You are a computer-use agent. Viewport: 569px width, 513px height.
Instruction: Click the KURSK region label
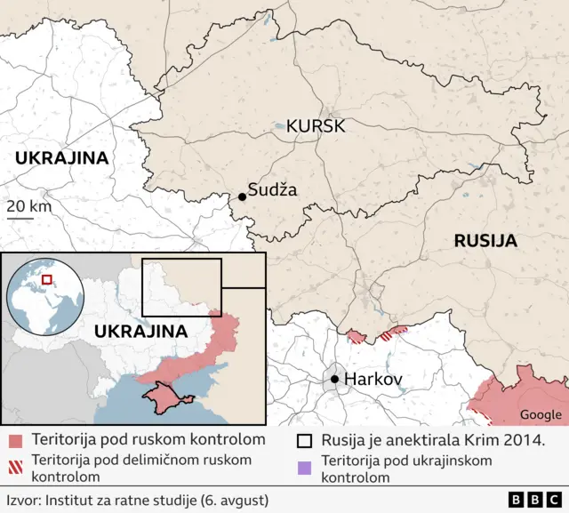(x=309, y=126)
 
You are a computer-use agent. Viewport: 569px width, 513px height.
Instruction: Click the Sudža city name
(x=274, y=189)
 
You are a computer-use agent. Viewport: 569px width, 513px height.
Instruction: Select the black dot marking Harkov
(x=334, y=380)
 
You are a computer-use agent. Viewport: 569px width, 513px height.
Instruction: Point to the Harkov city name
(x=373, y=380)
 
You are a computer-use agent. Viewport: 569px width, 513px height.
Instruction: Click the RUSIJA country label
(x=485, y=241)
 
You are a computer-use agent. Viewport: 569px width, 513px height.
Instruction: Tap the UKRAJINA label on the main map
(x=61, y=158)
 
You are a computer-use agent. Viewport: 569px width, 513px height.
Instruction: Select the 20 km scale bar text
(x=28, y=206)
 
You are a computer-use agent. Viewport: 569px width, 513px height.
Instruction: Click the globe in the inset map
(x=45, y=296)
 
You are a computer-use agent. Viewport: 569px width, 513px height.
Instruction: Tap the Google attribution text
(x=541, y=414)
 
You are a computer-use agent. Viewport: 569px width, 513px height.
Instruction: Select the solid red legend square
(x=15, y=440)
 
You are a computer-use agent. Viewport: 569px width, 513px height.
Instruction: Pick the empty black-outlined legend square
(x=305, y=440)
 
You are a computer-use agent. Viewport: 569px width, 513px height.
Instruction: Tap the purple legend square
(x=305, y=461)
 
